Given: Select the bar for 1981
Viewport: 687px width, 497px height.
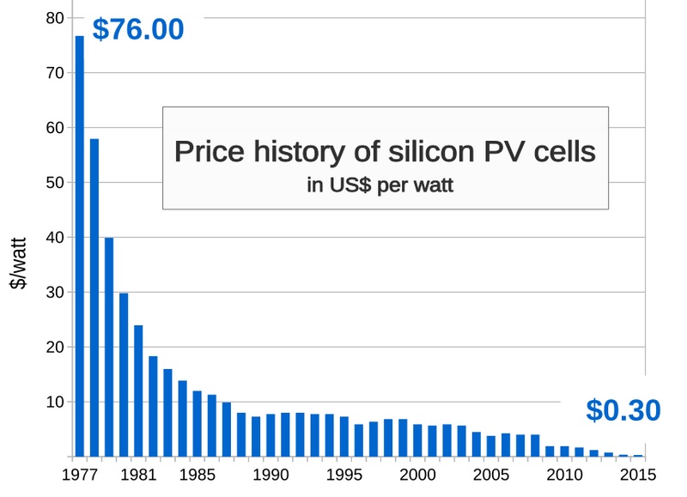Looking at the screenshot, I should coord(138,391).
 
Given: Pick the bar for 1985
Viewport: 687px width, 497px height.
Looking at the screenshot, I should coord(197,423).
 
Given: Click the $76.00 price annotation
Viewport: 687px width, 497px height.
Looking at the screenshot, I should coord(137,29).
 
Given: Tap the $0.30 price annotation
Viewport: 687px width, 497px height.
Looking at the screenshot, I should coord(623,410).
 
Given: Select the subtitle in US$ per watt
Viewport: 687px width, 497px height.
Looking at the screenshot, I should coord(386,184).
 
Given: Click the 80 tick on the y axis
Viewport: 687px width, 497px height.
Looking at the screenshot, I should coord(52,18).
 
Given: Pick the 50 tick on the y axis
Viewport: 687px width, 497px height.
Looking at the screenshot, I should coord(52,183).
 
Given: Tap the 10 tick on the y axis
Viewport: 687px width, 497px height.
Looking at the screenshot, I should coord(52,403).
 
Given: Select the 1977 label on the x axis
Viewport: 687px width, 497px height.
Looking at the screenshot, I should coord(80,474).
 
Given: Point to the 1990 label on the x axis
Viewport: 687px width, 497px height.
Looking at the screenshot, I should coord(271,474).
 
